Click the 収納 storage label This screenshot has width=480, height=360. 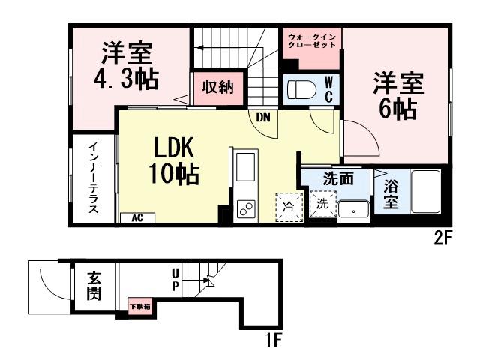click(217, 87)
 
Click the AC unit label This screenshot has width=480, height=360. click(137, 218)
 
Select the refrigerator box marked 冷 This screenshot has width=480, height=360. click(288, 206)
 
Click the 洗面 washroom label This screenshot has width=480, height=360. click(337, 179)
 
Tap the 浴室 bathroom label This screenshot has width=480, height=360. click(391, 193)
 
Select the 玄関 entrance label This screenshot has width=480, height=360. click(94, 286)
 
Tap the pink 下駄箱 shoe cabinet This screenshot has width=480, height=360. click(139, 306)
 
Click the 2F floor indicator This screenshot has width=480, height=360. click(444, 241)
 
